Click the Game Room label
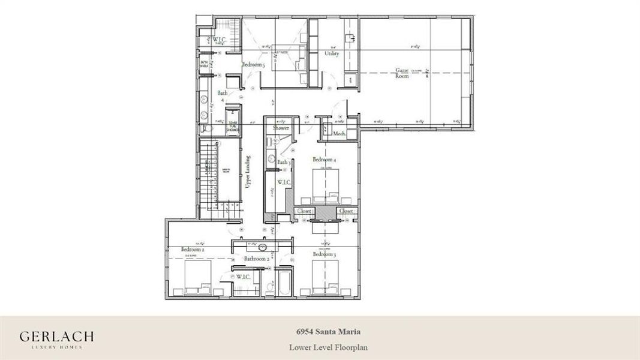(402, 73)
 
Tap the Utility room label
(332, 53)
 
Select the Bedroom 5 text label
(253, 64)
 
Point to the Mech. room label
(339, 134)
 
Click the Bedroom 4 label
(324, 160)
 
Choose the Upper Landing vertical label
(248, 172)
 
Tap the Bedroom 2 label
(193, 249)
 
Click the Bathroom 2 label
(256, 259)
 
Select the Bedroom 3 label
(324, 254)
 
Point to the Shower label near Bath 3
(281, 128)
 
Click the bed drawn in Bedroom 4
(326, 186)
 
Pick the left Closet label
(305, 211)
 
